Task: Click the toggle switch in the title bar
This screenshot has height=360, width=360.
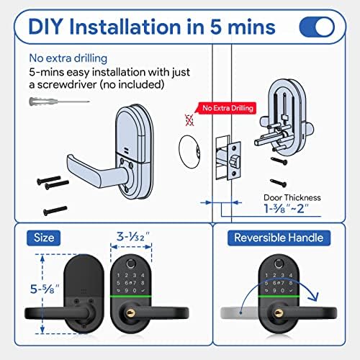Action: (317, 27)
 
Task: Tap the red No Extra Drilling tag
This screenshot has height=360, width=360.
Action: (227, 108)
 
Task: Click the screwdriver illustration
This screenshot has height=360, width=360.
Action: (59, 102)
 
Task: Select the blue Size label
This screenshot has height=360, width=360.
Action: (44, 238)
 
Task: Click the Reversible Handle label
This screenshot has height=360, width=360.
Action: (279, 238)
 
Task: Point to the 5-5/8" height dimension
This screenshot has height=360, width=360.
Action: (45, 289)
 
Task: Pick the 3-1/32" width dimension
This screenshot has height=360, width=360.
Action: (132, 237)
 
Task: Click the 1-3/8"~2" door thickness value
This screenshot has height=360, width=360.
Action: (286, 208)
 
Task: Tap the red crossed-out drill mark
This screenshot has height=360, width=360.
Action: (189, 120)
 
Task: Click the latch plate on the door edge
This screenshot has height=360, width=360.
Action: (234, 161)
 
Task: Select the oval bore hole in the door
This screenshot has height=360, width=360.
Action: (189, 152)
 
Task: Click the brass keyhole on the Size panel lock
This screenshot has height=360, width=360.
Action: (130, 313)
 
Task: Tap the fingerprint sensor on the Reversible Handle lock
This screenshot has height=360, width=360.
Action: (279, 264)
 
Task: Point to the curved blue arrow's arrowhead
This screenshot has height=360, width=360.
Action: (314, 297)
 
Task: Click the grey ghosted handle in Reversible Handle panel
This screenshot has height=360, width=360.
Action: (239, 313)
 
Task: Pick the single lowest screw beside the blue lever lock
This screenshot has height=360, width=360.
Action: (55, 211)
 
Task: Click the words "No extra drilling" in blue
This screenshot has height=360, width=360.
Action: (68, 58)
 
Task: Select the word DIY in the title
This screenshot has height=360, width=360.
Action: (46, 27)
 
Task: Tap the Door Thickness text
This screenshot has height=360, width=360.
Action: (292, 197)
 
